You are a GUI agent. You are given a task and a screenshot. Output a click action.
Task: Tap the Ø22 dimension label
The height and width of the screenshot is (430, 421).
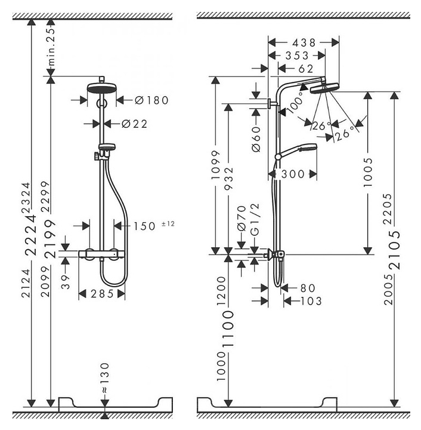[134, 124]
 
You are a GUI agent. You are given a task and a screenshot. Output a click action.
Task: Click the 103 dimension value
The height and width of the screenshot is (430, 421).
[310, 301]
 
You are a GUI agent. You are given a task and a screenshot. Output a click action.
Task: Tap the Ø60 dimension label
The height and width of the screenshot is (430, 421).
[256, 139]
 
